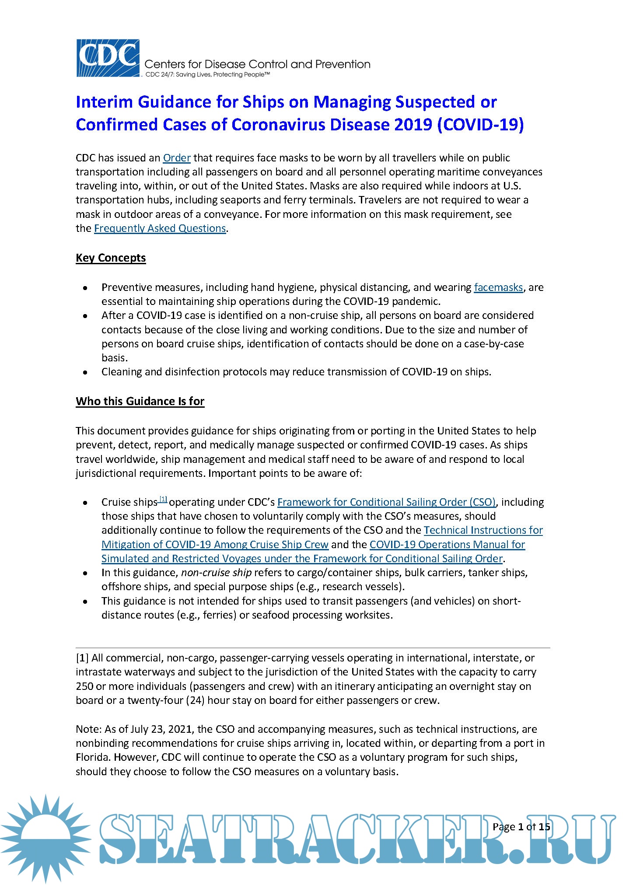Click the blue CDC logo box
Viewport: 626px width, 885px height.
tap(108, 58)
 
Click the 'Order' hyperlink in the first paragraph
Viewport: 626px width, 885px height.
tap(177, 158)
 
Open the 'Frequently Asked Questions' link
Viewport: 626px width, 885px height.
tap(160, 228)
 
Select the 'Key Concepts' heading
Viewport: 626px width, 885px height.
tap(111, 258)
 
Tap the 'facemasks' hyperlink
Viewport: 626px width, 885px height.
tap(498, 287)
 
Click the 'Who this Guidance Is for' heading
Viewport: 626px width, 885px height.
tap(140, 402)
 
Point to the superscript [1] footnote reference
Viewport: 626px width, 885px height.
tap(163, 499)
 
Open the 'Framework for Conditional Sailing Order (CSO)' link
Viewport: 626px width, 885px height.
tap(386, 502)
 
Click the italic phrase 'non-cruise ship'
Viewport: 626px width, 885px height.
tap(216, 573)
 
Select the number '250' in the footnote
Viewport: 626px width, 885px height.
tap(84, 686)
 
